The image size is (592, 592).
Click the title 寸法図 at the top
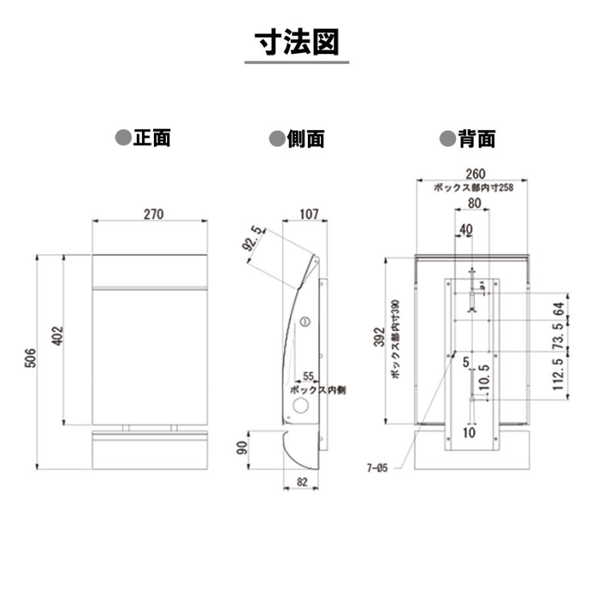[297, 42]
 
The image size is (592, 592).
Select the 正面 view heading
[152, 137]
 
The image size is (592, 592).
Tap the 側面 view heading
[306, 139]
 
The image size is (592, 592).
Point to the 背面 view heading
[476, 139]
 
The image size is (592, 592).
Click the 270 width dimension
[154, 214]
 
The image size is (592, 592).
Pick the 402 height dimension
[57, 335]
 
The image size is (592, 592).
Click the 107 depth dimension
[309, 214]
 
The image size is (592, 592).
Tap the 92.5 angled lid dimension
[253, 238]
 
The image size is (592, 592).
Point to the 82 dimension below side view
[302, 481]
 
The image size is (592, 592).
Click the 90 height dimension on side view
[242, 448]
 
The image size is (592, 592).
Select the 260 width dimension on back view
[476, 174]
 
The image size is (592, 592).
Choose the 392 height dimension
[380, 337]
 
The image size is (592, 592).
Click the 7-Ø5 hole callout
[377, 468]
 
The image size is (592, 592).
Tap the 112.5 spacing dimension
[558, 374]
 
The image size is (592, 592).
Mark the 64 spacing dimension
[558, 309]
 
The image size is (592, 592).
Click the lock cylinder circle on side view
[305, 322]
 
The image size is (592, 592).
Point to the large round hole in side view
[301, 405]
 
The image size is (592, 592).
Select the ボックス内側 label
[318, 389]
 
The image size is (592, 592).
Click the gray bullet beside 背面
[448, 139]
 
